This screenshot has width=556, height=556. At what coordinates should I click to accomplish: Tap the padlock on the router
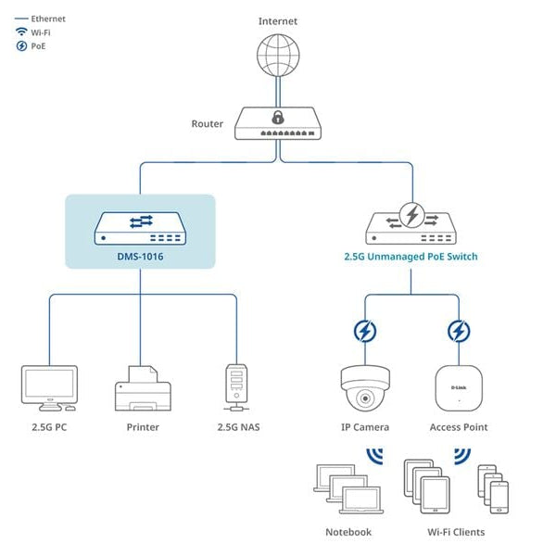tap(277, 118)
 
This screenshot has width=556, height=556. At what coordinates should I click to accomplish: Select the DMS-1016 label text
tap(141, 256)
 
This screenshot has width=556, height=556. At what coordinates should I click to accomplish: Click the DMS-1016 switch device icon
tap(141, 228)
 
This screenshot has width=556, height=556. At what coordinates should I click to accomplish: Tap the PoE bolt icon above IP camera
tap(365, 331)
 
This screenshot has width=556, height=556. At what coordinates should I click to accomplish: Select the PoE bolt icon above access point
tap(458, 331)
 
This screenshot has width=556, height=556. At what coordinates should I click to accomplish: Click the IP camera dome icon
tap(365, 387)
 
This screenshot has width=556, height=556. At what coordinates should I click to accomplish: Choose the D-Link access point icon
tap(458, 387)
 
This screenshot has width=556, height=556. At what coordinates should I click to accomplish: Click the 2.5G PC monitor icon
tap(49, 387)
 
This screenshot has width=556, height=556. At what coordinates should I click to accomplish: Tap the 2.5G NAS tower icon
tap(234, 387)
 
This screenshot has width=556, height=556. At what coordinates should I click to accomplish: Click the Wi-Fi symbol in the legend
tap(20, 32)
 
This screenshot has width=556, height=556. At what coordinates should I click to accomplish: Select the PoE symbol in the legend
tap(20, 45)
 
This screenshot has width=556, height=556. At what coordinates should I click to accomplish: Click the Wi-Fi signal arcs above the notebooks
tap(374, 456)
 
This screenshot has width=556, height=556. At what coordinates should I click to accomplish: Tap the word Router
tap(207, 123)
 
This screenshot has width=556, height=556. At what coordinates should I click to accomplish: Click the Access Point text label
tap(458, 427)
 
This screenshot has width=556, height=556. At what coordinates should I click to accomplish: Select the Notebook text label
tap(347, 532)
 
